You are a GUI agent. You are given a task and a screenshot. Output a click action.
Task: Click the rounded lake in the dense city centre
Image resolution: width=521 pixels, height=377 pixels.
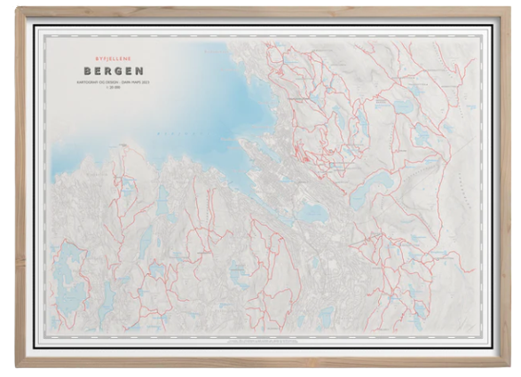click(310, 213)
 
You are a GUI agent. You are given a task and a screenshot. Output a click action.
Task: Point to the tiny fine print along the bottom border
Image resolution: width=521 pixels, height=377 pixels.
click(266, 338)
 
